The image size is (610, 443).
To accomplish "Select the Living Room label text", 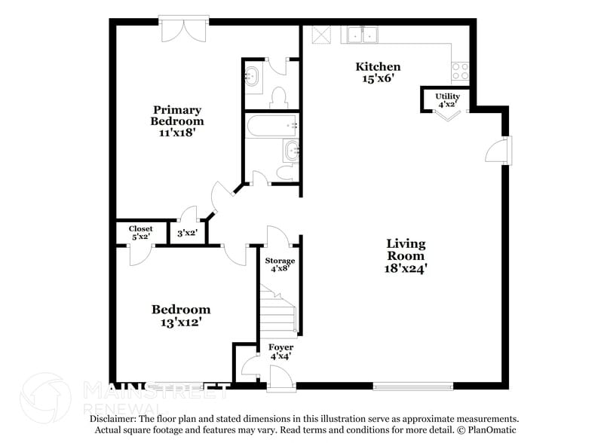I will pos(406,255).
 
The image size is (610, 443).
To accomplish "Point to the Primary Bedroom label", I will pos(177,121).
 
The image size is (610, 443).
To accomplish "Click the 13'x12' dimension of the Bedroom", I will pos(181,322).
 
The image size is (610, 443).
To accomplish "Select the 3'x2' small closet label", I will pos(186,233).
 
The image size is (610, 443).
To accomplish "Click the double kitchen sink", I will pos(363,35).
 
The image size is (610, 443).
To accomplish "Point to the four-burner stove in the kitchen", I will pos(460,72).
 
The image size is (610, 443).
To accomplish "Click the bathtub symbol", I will pos(271,125).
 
